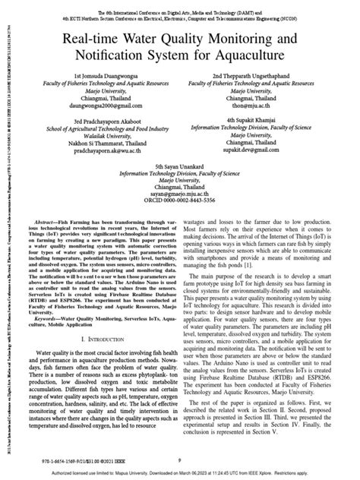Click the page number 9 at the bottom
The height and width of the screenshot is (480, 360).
(179, 458)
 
